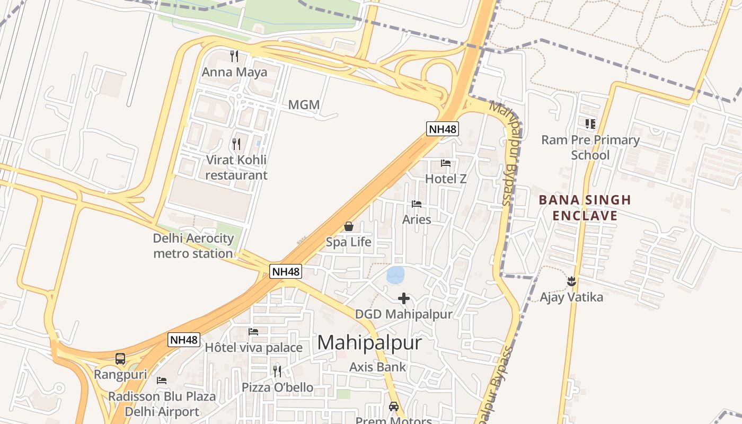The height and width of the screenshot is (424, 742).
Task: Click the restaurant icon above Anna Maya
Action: (x=234, y=56)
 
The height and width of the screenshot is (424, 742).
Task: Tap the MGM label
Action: (x=304, y=105)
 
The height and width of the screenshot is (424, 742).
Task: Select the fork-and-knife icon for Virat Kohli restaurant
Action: (x=236, y=144)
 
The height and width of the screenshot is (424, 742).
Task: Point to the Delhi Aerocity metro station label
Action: (x=193, y=246)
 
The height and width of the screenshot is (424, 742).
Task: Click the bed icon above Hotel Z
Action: (x=446, y=163)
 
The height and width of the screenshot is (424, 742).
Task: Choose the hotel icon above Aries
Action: (x=417, y=204)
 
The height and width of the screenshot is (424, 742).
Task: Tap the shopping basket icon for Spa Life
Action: (x=349, y=226)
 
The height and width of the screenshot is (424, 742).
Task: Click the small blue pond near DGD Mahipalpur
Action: (x=395, y=275)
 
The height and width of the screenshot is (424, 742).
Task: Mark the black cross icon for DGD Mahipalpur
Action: (x=404, y=298)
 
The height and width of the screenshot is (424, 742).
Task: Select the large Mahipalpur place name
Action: (x=369, y=343)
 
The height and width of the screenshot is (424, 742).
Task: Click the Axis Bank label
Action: (x=377, y=367)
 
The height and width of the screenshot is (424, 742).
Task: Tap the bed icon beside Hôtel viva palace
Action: (x=253, y=332)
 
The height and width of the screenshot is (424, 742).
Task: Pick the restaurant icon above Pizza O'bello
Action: (x=277, y=371)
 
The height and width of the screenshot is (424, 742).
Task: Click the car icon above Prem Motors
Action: (x=393, y=407)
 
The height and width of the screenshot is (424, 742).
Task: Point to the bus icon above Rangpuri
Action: (x=120, y=359)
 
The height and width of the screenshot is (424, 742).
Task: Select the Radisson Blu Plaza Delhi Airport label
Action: (x=162, y=404)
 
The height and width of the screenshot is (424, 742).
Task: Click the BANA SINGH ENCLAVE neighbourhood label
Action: (x=585, y=208)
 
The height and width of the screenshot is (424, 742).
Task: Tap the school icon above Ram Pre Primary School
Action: (x=590, y=124)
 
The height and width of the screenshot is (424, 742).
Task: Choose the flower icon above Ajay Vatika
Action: (x=571, y=281)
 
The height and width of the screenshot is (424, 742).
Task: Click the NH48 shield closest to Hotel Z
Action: (x=442, y=128)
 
